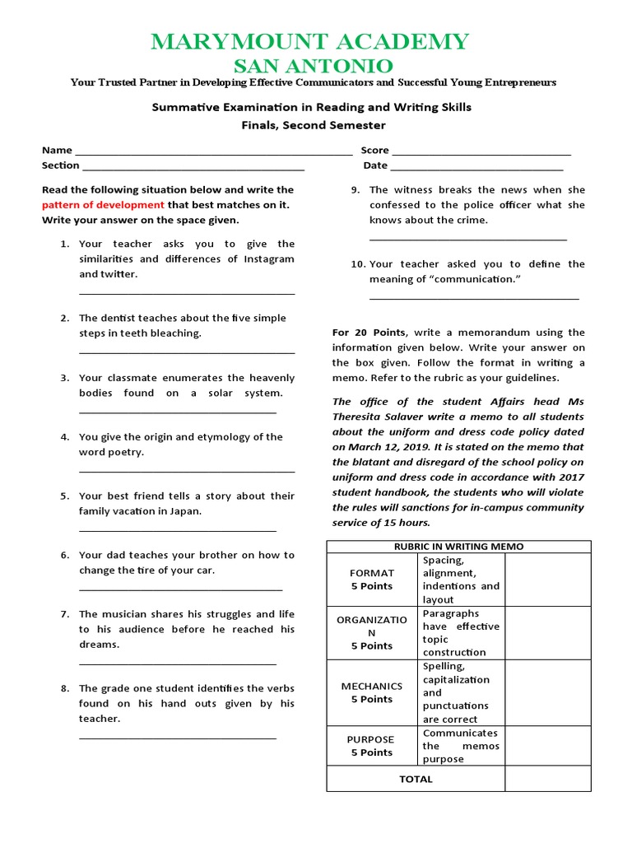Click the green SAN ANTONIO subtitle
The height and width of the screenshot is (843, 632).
316,66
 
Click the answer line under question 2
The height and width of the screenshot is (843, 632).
187,352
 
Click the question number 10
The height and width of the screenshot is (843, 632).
357,264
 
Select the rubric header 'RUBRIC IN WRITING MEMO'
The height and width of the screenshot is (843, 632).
458,547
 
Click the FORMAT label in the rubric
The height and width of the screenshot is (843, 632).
372,573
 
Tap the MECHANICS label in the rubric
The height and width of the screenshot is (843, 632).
372,686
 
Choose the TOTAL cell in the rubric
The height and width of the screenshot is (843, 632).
416,779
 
